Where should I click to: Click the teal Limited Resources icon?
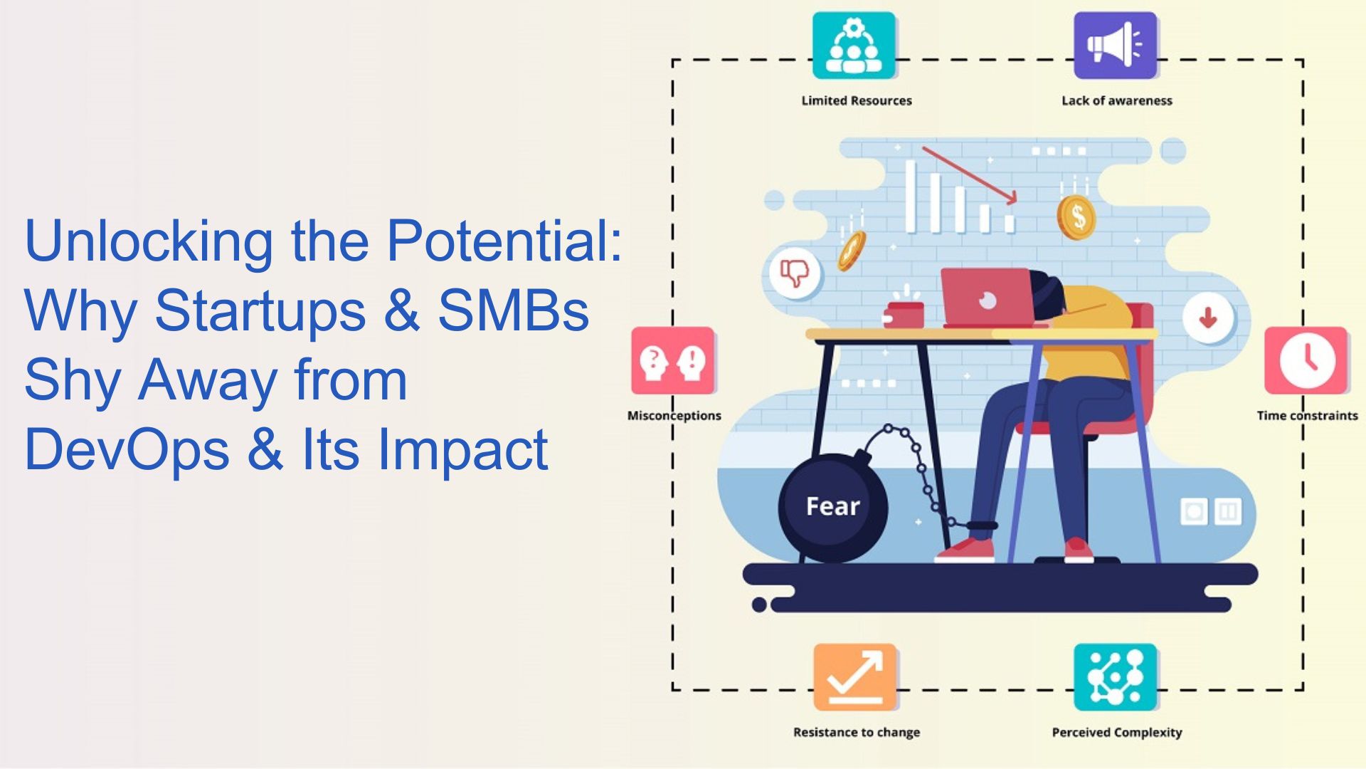[x=854, y=45]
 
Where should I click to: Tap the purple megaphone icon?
[x=1115, y=45]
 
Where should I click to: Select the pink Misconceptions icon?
[x=672, y=360]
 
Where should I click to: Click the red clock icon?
[x=1306, y=360]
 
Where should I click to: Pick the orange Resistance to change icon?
[x=855, y=677]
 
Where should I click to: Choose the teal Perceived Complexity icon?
[x=1116, y=677]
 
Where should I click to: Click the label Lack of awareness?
[x=1117, y=100]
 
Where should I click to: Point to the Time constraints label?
[x=1307, y=416]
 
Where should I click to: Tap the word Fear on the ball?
[x=833, y=506]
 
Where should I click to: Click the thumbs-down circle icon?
[x=795, y=273]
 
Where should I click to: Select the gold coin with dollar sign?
[x=1076, y=217]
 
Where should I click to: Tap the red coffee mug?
[x=904, y=315]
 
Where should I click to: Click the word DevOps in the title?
[x=127, y=450]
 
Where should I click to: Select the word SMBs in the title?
[x=513, y=310]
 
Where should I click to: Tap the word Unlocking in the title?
[x=149, y=242]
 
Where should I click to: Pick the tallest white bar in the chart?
[x=911, y=197]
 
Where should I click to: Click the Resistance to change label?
[x=857, y=733]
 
